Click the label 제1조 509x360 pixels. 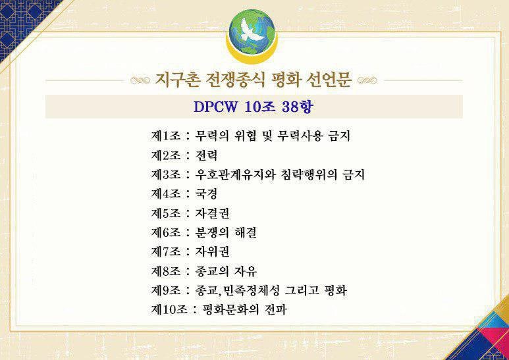[x=166, y=137]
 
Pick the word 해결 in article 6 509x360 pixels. [x=244, y=232]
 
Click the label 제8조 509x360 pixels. [x=166, y=270]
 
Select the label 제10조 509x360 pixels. [x=169, y=309]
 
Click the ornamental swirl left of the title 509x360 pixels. [x=140, y=82]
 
